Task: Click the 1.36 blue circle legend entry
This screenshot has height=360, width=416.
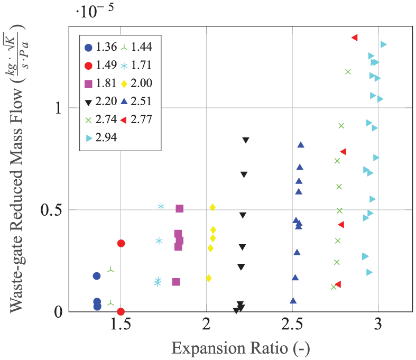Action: [101, 47]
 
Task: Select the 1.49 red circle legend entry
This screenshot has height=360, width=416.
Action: [101, 65]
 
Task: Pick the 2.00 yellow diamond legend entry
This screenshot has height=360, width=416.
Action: [136, 84]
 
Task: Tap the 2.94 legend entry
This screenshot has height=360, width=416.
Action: [101, 137]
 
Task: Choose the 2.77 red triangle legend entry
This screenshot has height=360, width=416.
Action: [136, 119]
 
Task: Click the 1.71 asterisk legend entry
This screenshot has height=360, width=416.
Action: [136, 65]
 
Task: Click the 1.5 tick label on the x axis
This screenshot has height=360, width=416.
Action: [121, 324]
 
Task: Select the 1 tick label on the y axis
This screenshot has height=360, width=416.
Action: [58, 108]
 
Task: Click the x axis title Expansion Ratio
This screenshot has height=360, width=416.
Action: [241, 348]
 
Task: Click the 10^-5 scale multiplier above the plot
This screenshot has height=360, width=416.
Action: [95, 11]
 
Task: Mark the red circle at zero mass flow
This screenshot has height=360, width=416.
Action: [121, 311]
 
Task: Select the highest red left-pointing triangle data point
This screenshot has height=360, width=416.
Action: [355, 38]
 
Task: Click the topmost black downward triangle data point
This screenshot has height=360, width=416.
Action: [246, 140]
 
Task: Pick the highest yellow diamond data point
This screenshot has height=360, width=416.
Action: [212, 207]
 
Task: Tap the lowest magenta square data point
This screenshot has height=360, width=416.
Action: [176, 282]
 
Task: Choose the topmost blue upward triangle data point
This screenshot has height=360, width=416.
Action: [301, 145]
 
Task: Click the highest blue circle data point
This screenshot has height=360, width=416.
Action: [97, 276]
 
